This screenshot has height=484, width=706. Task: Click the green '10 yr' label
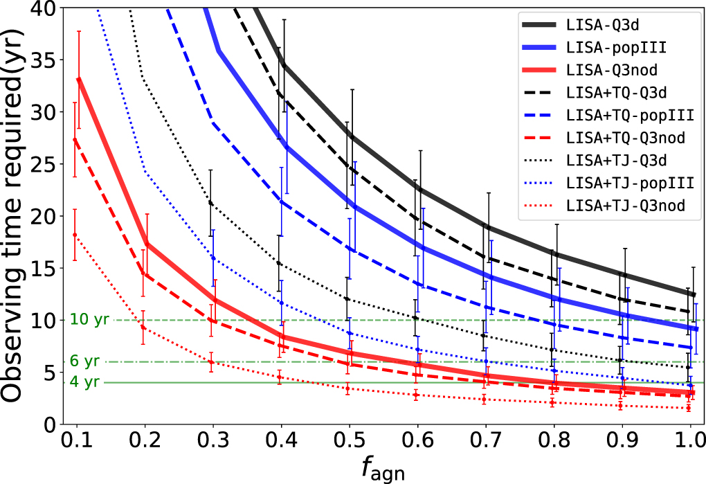point(87,320)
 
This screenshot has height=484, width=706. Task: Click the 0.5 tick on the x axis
point(350,441)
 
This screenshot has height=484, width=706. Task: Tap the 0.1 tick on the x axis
point(76,441)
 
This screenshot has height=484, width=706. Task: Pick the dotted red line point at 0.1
point(75,235)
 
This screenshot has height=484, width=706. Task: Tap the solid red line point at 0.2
point(145,244)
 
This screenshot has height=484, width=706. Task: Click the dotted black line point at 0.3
point(209,204)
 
